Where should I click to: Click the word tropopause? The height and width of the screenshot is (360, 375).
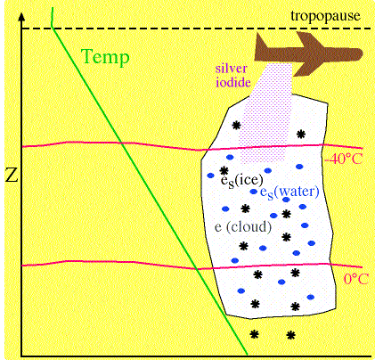pyautogui.click(x=325, y=16)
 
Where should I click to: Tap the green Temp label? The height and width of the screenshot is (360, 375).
pyautogui.click(x=105, y=56)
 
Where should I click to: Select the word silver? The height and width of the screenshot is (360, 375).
pyautogui.click(x=231, y=69)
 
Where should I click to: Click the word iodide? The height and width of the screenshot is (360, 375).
pyautogui.click(x=233, y=82)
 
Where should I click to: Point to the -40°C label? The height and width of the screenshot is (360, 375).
pyautogui.click(x=344, y=159)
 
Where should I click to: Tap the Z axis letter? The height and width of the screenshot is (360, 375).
pyautogui.click(x=12, y=176)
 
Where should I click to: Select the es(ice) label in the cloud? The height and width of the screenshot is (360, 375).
pyautogui.click(x=242, y=180)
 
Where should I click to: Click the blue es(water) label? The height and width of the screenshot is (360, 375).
pyautogui.click(x=289, y=192)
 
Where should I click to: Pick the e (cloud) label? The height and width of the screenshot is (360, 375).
pyautogui.click(x=243, y=227)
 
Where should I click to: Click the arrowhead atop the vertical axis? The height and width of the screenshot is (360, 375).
pyautogui.click(x=21, y=17)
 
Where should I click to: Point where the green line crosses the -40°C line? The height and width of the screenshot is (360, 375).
pyautogui.click(x=122, y=143)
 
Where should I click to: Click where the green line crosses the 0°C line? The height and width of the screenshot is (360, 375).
pyautogui.click(x=197, y=269)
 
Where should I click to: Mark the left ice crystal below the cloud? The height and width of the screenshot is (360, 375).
pyautogui.click(x=254, y=334)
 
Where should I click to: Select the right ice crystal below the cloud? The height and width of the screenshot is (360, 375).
pyautogui.click(x=291, y=336)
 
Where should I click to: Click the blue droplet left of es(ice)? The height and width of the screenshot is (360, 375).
pyautogui.click(x=210, y=176)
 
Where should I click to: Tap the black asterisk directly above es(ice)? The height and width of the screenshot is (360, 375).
pyautogui.click(x=224, y=170)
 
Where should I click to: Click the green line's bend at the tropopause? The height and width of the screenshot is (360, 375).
pyautogui.click(x=53, y=28)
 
